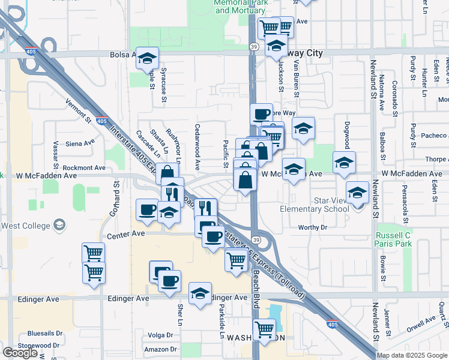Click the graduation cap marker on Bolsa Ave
(x=147, y=58)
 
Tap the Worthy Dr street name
(x=312, y=227)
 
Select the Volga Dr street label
(x=160, y=335)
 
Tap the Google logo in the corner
(x=20, y=352)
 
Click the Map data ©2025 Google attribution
(x=411, y=355)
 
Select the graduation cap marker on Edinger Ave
(x=200, y=293)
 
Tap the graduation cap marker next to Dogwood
(x=344, y=163)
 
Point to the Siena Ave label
(x=80, y=143)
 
